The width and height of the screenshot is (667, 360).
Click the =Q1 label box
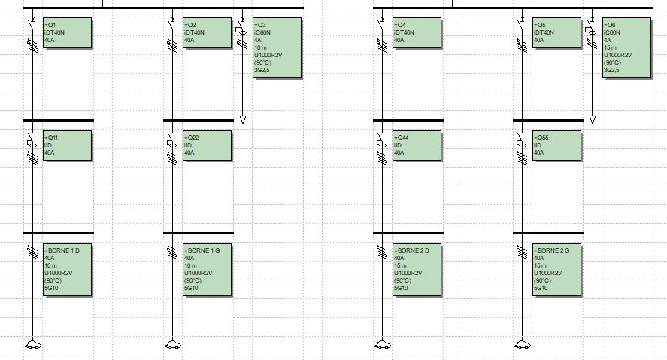tap(67, 33)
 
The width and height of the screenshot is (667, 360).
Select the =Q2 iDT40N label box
tap(207, 33)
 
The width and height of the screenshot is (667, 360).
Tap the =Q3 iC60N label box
tap(277, 47)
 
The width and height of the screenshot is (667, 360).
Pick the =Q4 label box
tap(417, 33)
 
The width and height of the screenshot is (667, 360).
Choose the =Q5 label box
tap(556, 33)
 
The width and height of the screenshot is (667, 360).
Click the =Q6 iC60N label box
tap(626, 47)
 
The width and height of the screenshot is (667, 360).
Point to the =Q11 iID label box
tap(67, 145)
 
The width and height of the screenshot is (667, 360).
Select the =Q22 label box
tap(207, 145)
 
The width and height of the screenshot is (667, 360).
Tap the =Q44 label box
tap(417, 145)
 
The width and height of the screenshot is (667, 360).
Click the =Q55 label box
tap(556, 145)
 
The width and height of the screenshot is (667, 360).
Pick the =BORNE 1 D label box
tap(67, 270)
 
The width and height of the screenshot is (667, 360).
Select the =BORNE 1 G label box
tap(207, 270)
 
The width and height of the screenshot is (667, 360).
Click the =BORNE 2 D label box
tap(417, 270)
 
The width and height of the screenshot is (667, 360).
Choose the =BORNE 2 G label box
tap(556, 270)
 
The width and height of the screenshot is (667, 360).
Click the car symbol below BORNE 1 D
tap(33, 345)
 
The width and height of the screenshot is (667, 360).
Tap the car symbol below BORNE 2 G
tap(523, 345)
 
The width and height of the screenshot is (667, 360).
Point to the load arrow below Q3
tap(242, 119)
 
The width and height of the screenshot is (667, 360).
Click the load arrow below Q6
tap(593, 119)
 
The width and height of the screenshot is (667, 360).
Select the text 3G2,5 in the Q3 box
tap(262, 70)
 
